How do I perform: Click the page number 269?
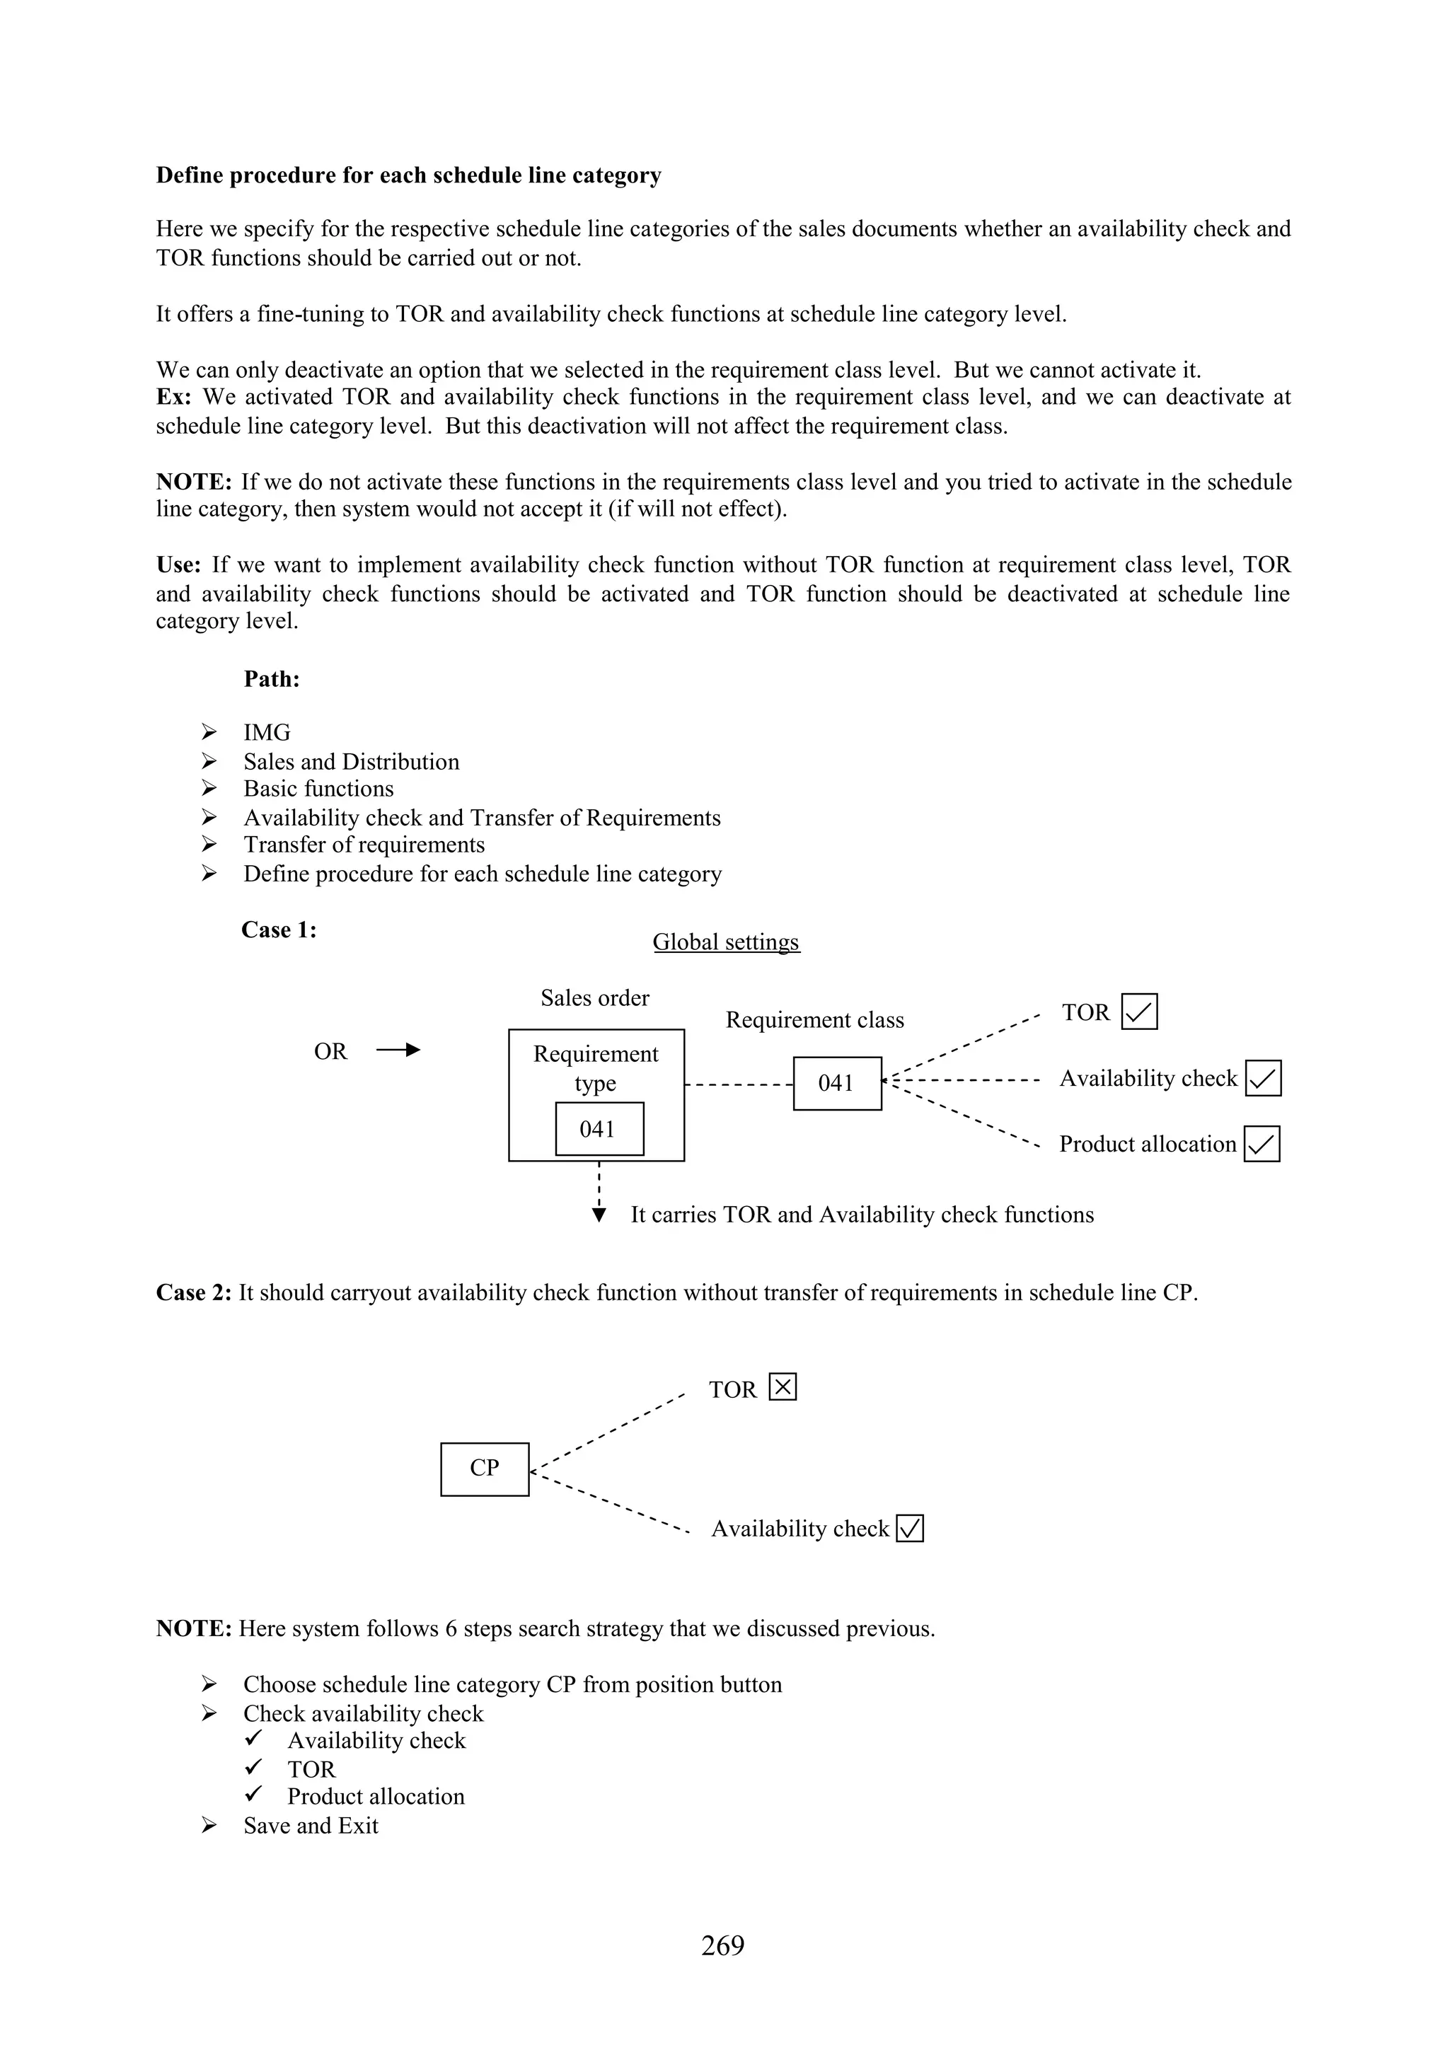click(722, 1945)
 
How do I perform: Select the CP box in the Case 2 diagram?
click(485, 1469)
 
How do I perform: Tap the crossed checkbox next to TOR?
click(782, 1387)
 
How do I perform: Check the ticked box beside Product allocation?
click(1262, 1144)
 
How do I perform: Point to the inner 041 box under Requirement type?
click(599, 1130)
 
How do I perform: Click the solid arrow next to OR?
click(399, 1050)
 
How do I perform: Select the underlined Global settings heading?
click(726, 942)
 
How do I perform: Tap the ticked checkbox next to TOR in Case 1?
click(1139, 1012)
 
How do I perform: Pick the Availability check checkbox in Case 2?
click(910, 1529)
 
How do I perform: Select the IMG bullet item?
click(267, 732)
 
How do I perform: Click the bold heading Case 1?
click(279, 930)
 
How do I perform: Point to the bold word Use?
click(178, 564)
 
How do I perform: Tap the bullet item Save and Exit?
click(311, 1825)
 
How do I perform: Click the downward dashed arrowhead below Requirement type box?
click(599, 1215)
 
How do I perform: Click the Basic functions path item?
click(318, 789)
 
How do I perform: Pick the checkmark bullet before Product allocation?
click(253, 1794)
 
